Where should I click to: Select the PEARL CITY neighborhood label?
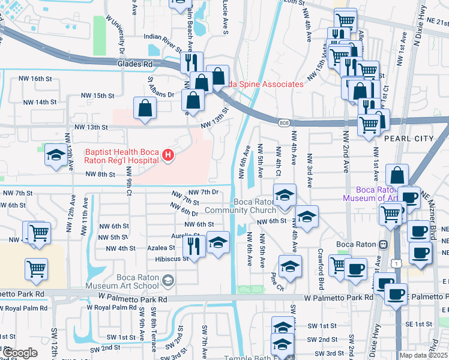coord(408,139)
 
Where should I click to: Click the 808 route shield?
coord(283,122)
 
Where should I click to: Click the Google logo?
coord(20,353)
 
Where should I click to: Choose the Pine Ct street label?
coord(277,280)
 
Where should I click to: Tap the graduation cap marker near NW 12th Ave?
coord(55,157)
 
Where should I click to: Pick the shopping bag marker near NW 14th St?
coord(145,109)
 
